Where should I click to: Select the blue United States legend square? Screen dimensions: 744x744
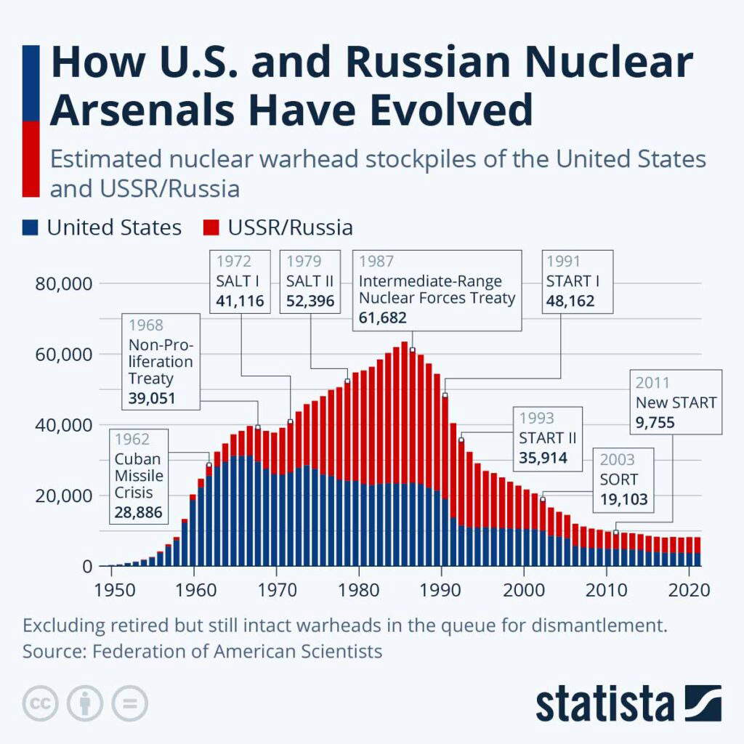(30, 227)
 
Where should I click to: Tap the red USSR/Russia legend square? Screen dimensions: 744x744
(211, 227)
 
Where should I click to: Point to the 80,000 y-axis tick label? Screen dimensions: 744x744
(63, 283)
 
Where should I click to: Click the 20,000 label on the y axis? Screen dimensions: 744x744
(63, 496)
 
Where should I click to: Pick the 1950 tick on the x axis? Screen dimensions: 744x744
(115, 589)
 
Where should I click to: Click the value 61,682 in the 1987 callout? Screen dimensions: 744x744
(383, 318)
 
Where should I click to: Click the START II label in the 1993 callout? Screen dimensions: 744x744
(547, 438)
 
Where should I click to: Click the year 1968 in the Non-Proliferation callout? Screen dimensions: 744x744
(146, 325)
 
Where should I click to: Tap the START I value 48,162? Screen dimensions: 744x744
(570, 300)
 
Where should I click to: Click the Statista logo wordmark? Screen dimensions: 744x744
(604, 703)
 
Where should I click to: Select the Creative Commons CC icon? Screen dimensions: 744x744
(41, 703)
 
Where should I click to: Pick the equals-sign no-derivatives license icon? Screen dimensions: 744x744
(129, 703)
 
